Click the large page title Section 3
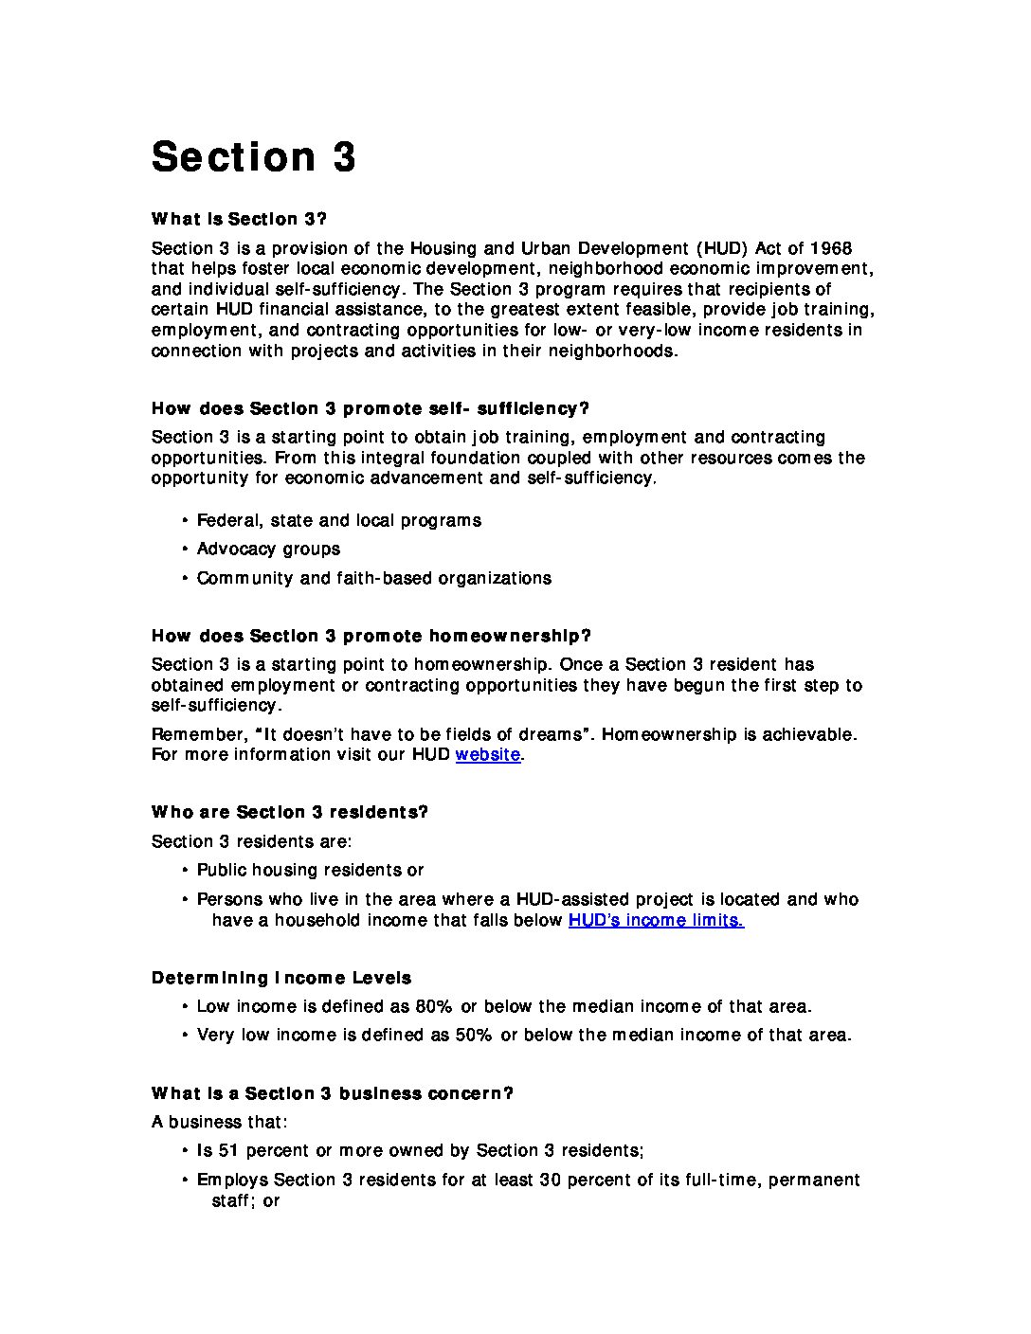point(253,157)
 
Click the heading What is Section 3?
point(239,219)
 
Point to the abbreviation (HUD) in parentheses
point(723,248)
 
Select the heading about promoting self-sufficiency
point(370,408)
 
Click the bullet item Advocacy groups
point(268,549)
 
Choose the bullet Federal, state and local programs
point(338,520)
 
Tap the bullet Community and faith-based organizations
point(373,578)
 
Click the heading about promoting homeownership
point(371,636)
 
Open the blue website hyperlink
point(487,755)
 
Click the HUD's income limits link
point(655,920)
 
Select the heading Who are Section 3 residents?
point(289,812)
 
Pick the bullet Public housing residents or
point(310,870)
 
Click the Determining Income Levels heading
point(281,978)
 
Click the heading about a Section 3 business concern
point(332,1093)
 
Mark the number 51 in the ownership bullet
point(228,1150)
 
